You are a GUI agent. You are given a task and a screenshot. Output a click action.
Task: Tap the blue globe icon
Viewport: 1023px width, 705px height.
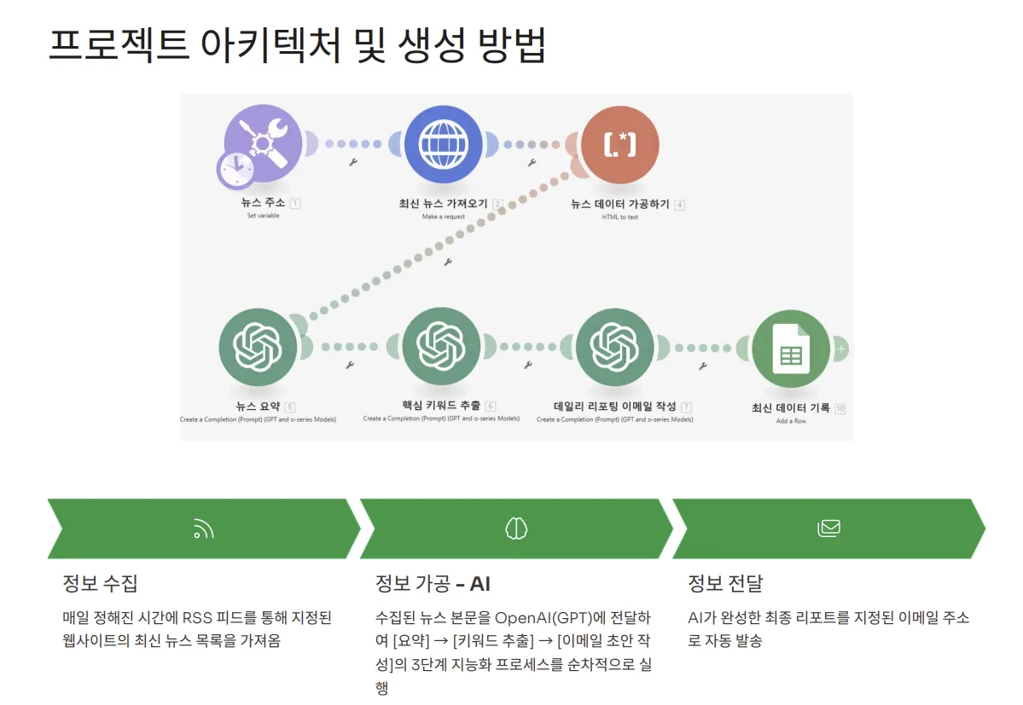[x=444, y=144]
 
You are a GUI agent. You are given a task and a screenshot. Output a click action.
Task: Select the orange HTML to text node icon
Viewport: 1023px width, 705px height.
[x=620, y=144]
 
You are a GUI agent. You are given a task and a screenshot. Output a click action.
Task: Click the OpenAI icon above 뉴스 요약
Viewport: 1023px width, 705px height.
[x=259, y=347]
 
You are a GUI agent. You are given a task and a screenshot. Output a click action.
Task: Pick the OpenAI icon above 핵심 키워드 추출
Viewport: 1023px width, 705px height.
[x=441, y=346]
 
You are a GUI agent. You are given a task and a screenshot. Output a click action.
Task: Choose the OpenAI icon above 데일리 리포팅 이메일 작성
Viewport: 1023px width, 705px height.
[x=615, y=346]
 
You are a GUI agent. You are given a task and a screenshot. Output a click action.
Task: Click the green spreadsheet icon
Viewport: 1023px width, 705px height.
[x=791, y=349]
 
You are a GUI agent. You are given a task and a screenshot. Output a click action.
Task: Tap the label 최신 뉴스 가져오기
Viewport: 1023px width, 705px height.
[x=443, y=205]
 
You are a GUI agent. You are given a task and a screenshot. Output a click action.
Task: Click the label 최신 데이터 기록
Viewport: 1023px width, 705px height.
[x=790, y=408]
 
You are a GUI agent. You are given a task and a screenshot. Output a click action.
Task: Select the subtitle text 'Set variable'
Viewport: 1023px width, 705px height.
[x=263, y=216]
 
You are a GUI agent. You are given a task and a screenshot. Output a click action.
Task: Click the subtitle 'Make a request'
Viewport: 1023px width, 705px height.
[x=444, y=217]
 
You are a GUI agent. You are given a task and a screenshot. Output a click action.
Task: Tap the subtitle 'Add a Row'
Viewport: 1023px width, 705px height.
[x=791, y=421]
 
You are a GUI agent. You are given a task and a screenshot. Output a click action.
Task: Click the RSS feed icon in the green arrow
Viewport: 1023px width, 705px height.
[x=203, y=529]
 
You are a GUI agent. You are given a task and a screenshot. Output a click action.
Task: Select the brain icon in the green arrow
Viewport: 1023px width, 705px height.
[x=516, y=529]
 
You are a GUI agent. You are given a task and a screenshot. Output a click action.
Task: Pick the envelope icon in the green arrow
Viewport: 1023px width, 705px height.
[x=828, y=529]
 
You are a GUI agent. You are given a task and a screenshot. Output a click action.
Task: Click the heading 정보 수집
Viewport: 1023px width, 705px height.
[x=100, y=584]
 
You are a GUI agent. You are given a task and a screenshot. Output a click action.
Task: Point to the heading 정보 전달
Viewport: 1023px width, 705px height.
[x=725, y=584]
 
